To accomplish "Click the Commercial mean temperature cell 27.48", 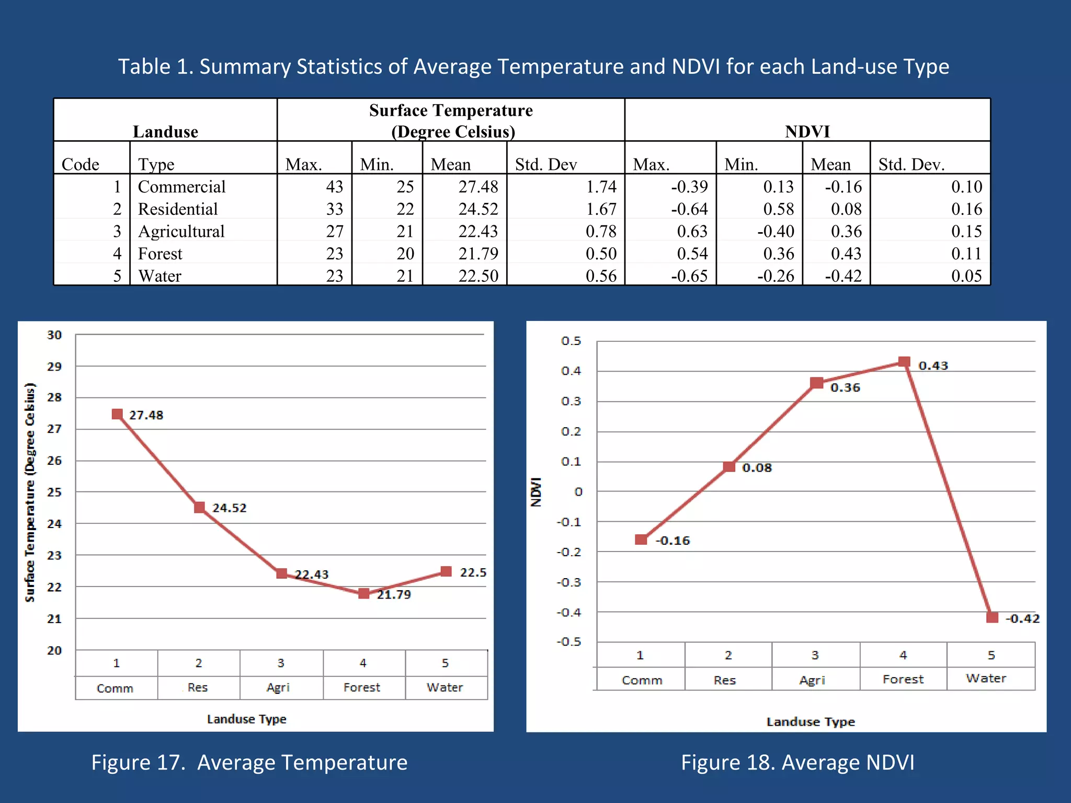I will pos(478,187).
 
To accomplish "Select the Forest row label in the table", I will pos(160,254).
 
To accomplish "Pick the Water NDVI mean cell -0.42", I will pos(843,276).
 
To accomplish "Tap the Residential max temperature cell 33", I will pos(335,209).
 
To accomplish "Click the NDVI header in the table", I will pos(807,131).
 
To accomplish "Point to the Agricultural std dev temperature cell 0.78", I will pos(601,231).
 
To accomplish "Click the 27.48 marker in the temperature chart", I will pos(117,415).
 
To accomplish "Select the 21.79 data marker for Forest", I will pos(364,593).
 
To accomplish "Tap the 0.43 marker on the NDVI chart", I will pos(904,362).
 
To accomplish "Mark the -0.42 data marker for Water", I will pos(992,617).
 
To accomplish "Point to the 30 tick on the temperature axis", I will pos(54,335).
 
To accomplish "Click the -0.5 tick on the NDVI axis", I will pos(569,642).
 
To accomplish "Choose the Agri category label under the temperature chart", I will pos(278,687).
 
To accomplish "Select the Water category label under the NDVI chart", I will pos(986,679).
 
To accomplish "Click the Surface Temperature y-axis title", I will pos(30,492).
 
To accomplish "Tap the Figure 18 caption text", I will pos(797,762).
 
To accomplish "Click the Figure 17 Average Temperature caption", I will pos(249,762).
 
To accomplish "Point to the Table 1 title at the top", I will pos(533,67).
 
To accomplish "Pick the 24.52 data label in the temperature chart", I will pos(229,508).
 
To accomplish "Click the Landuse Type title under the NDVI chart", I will pos(811,722).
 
